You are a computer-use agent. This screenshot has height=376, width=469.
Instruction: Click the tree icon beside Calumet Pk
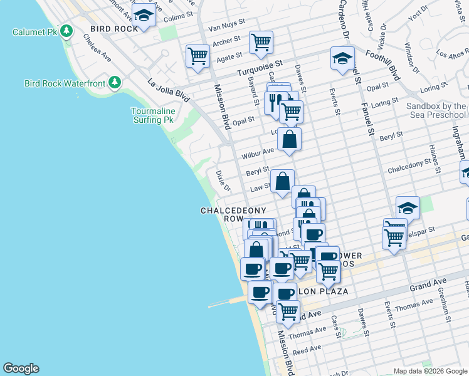click(x=67, y=31)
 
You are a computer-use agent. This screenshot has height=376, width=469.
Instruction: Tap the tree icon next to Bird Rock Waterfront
click(x=114, y=82)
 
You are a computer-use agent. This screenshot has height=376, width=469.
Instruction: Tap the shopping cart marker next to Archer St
click(x=261, y=43)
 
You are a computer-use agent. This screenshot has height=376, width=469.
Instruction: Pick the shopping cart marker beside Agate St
click(x=198, y=56)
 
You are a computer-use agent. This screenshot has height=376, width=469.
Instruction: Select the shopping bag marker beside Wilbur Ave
click(x=289, y=140)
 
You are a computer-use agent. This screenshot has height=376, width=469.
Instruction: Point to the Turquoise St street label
click(x=260, y=68)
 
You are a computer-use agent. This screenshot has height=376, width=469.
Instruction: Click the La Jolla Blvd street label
click(x=168, y=92)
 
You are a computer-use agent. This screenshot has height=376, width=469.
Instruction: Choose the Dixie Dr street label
click(x=223, y=180)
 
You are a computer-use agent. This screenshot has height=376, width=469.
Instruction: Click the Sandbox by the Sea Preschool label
click(x=436, y=110)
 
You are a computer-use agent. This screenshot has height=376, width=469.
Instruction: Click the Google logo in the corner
click(x=21, y=368)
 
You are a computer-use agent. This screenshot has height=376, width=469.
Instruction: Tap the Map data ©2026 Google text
click(x=429, y=371)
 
